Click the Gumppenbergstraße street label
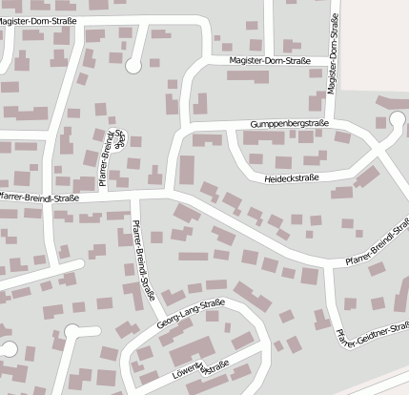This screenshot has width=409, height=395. point(289,124)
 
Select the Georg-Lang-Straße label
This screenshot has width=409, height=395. point(191,316)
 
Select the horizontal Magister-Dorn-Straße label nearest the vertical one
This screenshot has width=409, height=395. point(270,61)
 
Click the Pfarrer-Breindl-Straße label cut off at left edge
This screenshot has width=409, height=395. point(38,198)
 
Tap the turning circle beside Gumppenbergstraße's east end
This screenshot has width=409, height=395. point(398,120)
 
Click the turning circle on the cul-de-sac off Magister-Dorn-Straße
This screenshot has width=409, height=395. point(132,64)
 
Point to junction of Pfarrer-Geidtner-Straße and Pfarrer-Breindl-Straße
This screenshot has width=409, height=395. point(327,264)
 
